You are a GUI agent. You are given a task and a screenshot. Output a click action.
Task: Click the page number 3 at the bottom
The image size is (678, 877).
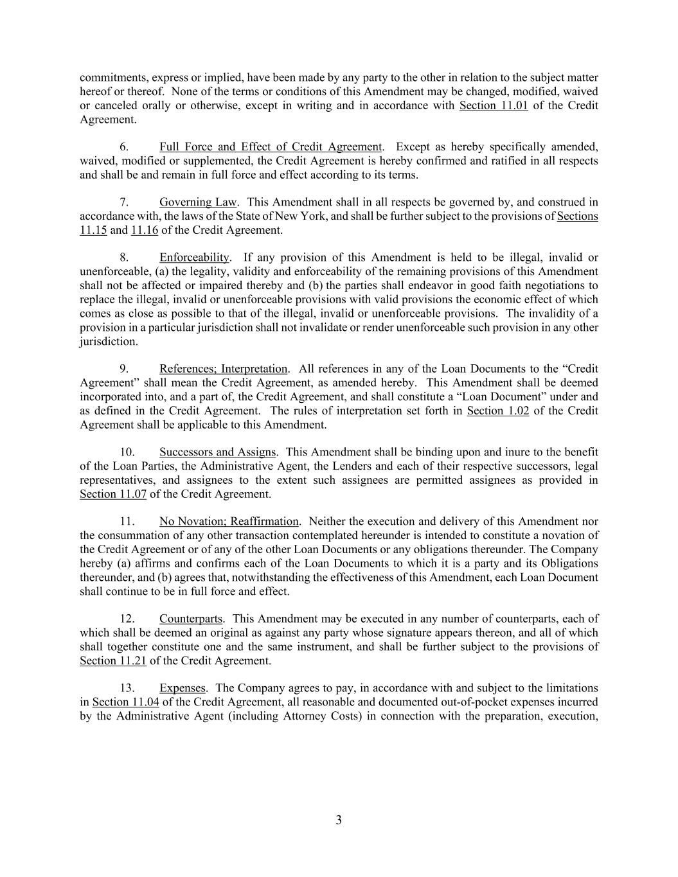tap(339, 820)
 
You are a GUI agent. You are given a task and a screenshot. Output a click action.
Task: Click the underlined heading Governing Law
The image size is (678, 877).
tap(198, 202)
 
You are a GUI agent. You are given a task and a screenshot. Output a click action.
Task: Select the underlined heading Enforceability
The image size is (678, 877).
tap(194, 258)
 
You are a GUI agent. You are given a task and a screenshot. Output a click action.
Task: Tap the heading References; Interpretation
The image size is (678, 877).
tap(223, 369)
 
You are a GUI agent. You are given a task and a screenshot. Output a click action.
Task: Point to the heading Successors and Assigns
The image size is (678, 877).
tap(218, 452)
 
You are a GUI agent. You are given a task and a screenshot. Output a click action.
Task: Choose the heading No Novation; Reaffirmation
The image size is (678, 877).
tap(229, 522)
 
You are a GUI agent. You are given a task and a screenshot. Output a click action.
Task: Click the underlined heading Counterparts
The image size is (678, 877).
tap(191, 619)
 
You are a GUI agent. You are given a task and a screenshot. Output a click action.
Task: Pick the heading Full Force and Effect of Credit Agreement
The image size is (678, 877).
tap(271, 147)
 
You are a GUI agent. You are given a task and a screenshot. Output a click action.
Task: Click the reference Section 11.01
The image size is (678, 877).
tap(494, 105)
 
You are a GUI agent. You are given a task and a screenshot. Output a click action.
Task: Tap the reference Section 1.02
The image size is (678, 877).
tap(498, 411)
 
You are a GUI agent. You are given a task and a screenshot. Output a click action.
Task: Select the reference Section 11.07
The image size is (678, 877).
tap(113, 494)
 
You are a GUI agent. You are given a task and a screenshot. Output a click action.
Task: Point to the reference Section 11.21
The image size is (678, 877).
tap(113, 660)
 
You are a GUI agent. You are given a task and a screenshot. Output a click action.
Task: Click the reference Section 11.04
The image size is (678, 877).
tap(126, 702)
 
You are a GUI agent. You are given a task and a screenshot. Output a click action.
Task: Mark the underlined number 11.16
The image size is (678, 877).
tap(145, 230)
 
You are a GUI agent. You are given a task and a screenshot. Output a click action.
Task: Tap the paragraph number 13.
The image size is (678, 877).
tap(127, 688)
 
